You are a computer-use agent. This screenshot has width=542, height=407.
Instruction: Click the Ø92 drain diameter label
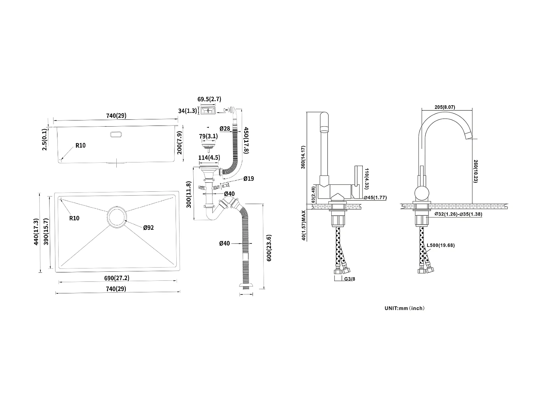click(x=149, y=228)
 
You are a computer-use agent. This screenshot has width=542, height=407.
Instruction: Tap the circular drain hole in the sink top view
click(x=116, y=217)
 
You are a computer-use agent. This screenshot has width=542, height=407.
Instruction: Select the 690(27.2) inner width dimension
click(x=117, y=278)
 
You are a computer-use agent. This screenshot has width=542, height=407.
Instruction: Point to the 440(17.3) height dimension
click(x=36, y=232)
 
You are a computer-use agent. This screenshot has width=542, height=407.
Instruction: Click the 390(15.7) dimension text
click(x=46, y=232)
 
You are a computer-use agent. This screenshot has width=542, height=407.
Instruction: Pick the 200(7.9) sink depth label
click(x=179, y=143)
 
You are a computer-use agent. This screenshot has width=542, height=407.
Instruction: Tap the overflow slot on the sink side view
click(x=116, y=134)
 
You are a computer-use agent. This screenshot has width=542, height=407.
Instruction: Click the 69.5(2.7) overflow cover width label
click(x=209, y=99)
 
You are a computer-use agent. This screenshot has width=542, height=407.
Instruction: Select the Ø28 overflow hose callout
click(x=225, y=128)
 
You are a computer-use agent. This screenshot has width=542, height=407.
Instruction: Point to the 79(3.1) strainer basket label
click(x=208, y=136)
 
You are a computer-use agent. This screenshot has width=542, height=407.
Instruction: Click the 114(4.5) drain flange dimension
click(x=209, y=158)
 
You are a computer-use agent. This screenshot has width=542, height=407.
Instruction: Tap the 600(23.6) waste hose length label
click(x=269, y=248)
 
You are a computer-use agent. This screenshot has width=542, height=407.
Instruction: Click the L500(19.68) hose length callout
click(x=440, y=245)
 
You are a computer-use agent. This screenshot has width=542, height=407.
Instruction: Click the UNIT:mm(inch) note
click(x=404, y=308)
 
